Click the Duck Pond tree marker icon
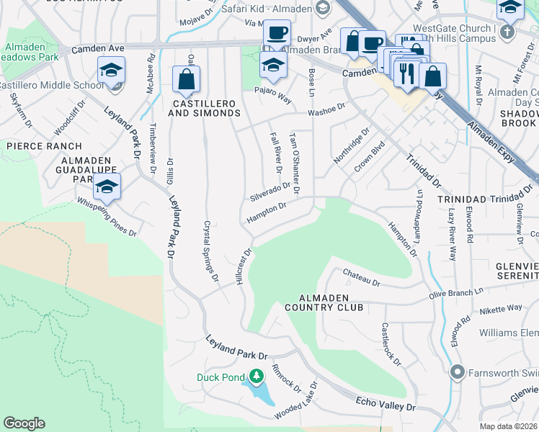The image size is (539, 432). [256, 376]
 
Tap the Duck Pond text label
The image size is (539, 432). [221, 377]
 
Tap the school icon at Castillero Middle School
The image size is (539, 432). [112, 71]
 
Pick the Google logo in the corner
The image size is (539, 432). [24, 423]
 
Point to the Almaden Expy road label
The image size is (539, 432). [490, 143]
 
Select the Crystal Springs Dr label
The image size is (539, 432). [210, 251]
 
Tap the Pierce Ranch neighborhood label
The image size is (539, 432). [35, 145]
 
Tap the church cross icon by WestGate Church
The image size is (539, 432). [507, 32]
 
